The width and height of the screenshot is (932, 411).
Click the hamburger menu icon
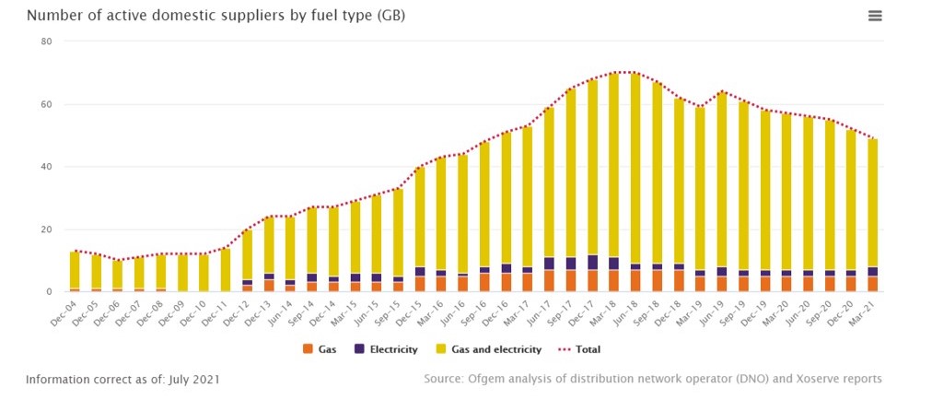[875, 16]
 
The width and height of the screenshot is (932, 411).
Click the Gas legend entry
[320, 350]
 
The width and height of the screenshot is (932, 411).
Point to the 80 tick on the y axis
[46, 41]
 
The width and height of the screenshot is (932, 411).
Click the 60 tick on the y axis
[46, 104]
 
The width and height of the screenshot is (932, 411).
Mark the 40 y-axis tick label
[46, 167]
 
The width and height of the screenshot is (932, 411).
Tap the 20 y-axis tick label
[46, 229]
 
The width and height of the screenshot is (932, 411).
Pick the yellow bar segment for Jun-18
[635, 166]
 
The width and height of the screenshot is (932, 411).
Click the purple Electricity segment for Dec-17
[592, 263]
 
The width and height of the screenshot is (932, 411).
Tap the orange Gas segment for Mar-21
[872, 284]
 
